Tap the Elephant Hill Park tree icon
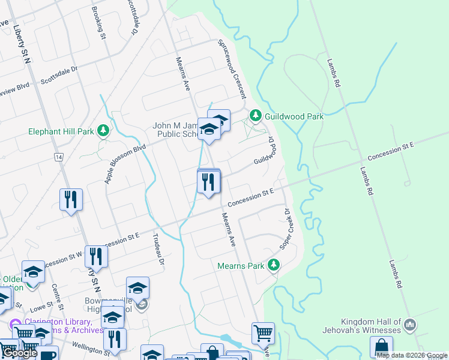pos(104,130)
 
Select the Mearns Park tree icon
pos(274,264)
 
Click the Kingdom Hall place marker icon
pos(410,325)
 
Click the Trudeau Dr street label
pos(158,252)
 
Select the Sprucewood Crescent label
pos(232,70)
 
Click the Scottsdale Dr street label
pos(59,75)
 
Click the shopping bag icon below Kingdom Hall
pos(382,346)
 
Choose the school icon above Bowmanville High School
pos(138,288)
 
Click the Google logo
pos(20,353)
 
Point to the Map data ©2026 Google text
pos(411,355)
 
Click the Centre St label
pos(58,296)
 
